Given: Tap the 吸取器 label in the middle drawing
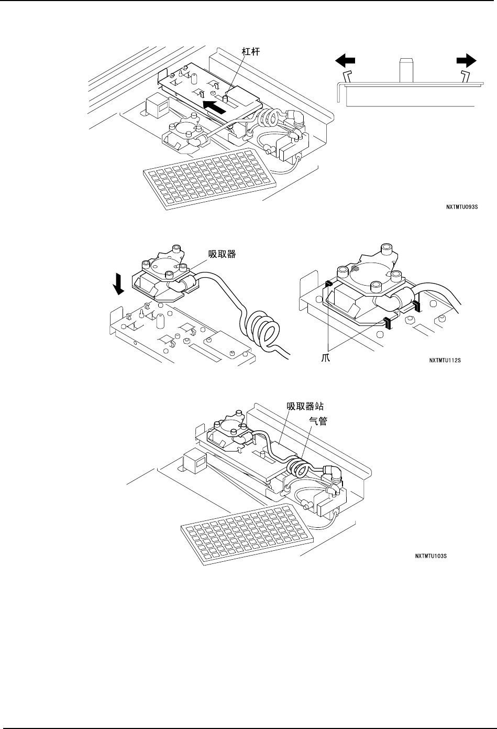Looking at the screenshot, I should (222, 255).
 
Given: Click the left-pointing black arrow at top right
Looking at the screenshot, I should (344, 61).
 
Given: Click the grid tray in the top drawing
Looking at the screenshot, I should (209, 177).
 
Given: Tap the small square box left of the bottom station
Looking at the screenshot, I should (194, 462).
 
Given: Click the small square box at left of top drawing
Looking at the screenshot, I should (156, 104).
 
